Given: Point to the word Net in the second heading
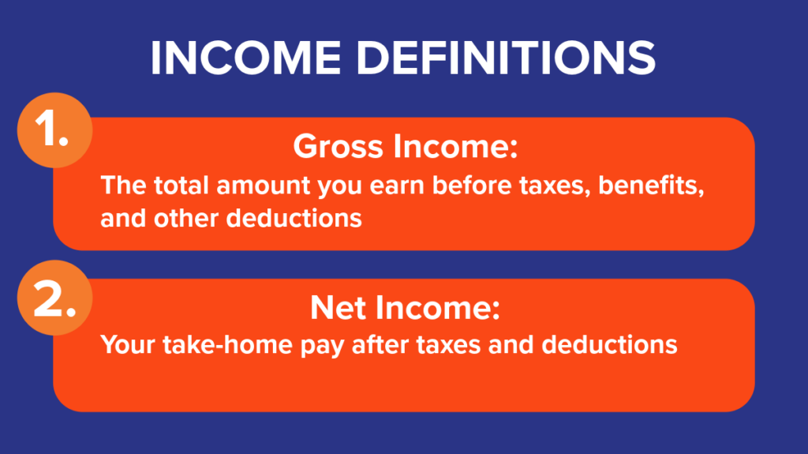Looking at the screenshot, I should point(336,309).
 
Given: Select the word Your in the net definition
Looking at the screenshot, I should point(123,345).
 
